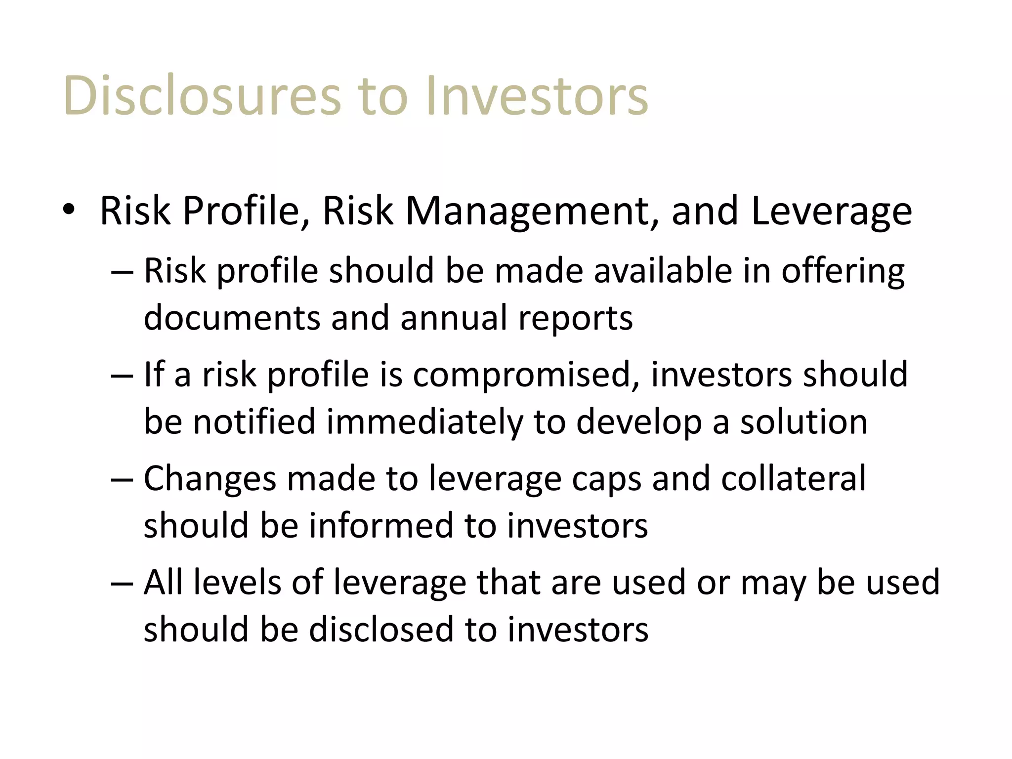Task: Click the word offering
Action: click(843, 272)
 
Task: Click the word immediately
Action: click(424, 422)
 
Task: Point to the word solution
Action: click(803, 422)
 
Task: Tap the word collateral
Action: click(793, 478)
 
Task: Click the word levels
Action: click(237, 582)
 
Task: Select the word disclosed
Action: click(381, 629)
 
